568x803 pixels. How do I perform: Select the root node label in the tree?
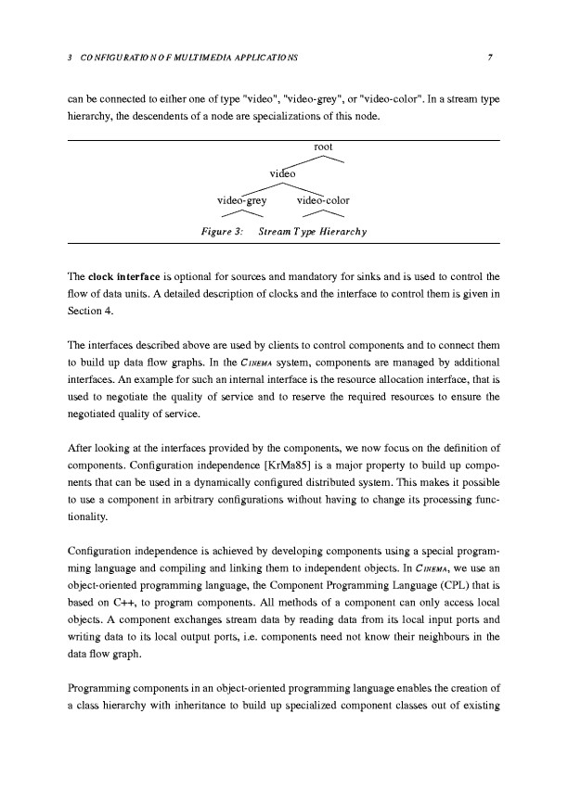pyautogui.click(x=323, y=147)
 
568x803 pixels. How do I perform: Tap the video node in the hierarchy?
pyautogui.click(x=282, y=173)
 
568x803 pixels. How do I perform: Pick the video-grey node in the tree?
pyautogui.click(x=241, y=199)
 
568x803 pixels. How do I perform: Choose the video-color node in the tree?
pyautogui.click(x=323, y=199)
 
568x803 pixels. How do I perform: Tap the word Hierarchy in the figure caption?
pyautogui.click(x=345, y=232)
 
